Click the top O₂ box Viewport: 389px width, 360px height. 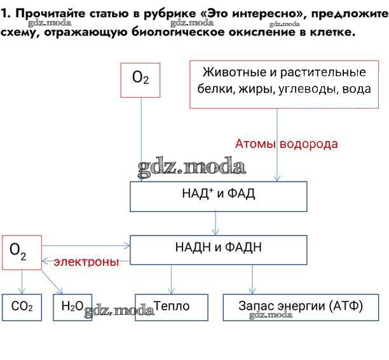click(140, 79)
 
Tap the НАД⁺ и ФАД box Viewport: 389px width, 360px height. click(218, 196)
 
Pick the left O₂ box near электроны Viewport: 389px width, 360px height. click(22, 252)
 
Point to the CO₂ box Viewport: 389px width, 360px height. click(22, 307)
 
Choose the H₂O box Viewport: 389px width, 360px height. click(72, 307)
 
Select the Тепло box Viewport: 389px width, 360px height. click(171, 307)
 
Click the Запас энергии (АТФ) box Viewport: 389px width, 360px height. click(301, 307)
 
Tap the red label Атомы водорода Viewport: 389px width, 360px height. click(286, 144)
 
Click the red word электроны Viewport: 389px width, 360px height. click(86, 262)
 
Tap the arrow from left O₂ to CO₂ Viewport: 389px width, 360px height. click(22, 281)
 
